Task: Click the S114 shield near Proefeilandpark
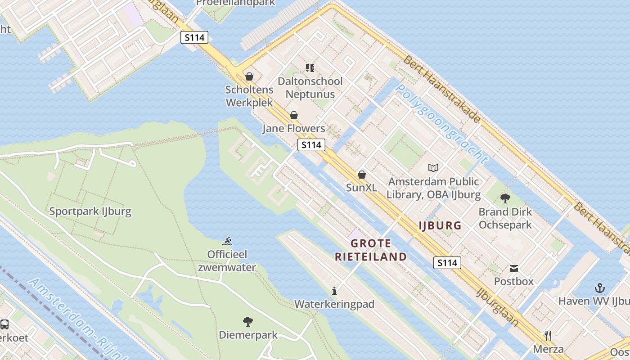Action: tap(195, 37)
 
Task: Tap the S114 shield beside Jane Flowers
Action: tap(311, 145)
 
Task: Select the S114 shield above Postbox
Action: tap(447, 263)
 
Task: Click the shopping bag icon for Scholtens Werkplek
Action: tap(249, 76)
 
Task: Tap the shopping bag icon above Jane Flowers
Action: tap(294, 115)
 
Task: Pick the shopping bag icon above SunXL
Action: tap(361, 174)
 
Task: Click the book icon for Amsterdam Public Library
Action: tap(433, 168)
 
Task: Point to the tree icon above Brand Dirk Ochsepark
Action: tap(505, 198)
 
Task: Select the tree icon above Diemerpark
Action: tap(247, 321)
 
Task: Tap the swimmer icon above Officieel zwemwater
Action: tap(228, 241)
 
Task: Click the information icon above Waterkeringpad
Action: tap(334, 291)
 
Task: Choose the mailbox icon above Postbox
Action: tap(513, 269)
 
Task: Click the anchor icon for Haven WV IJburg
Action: tap(599, 288)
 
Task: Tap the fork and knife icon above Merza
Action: tap(548, 335)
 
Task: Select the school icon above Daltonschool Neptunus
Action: tap(310, 68)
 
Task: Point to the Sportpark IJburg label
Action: tap(90, 211)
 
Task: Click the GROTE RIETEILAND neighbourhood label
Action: tap(371, 250)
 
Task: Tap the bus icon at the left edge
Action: tap(4, 324)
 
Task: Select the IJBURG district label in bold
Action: tap(440, 225)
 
